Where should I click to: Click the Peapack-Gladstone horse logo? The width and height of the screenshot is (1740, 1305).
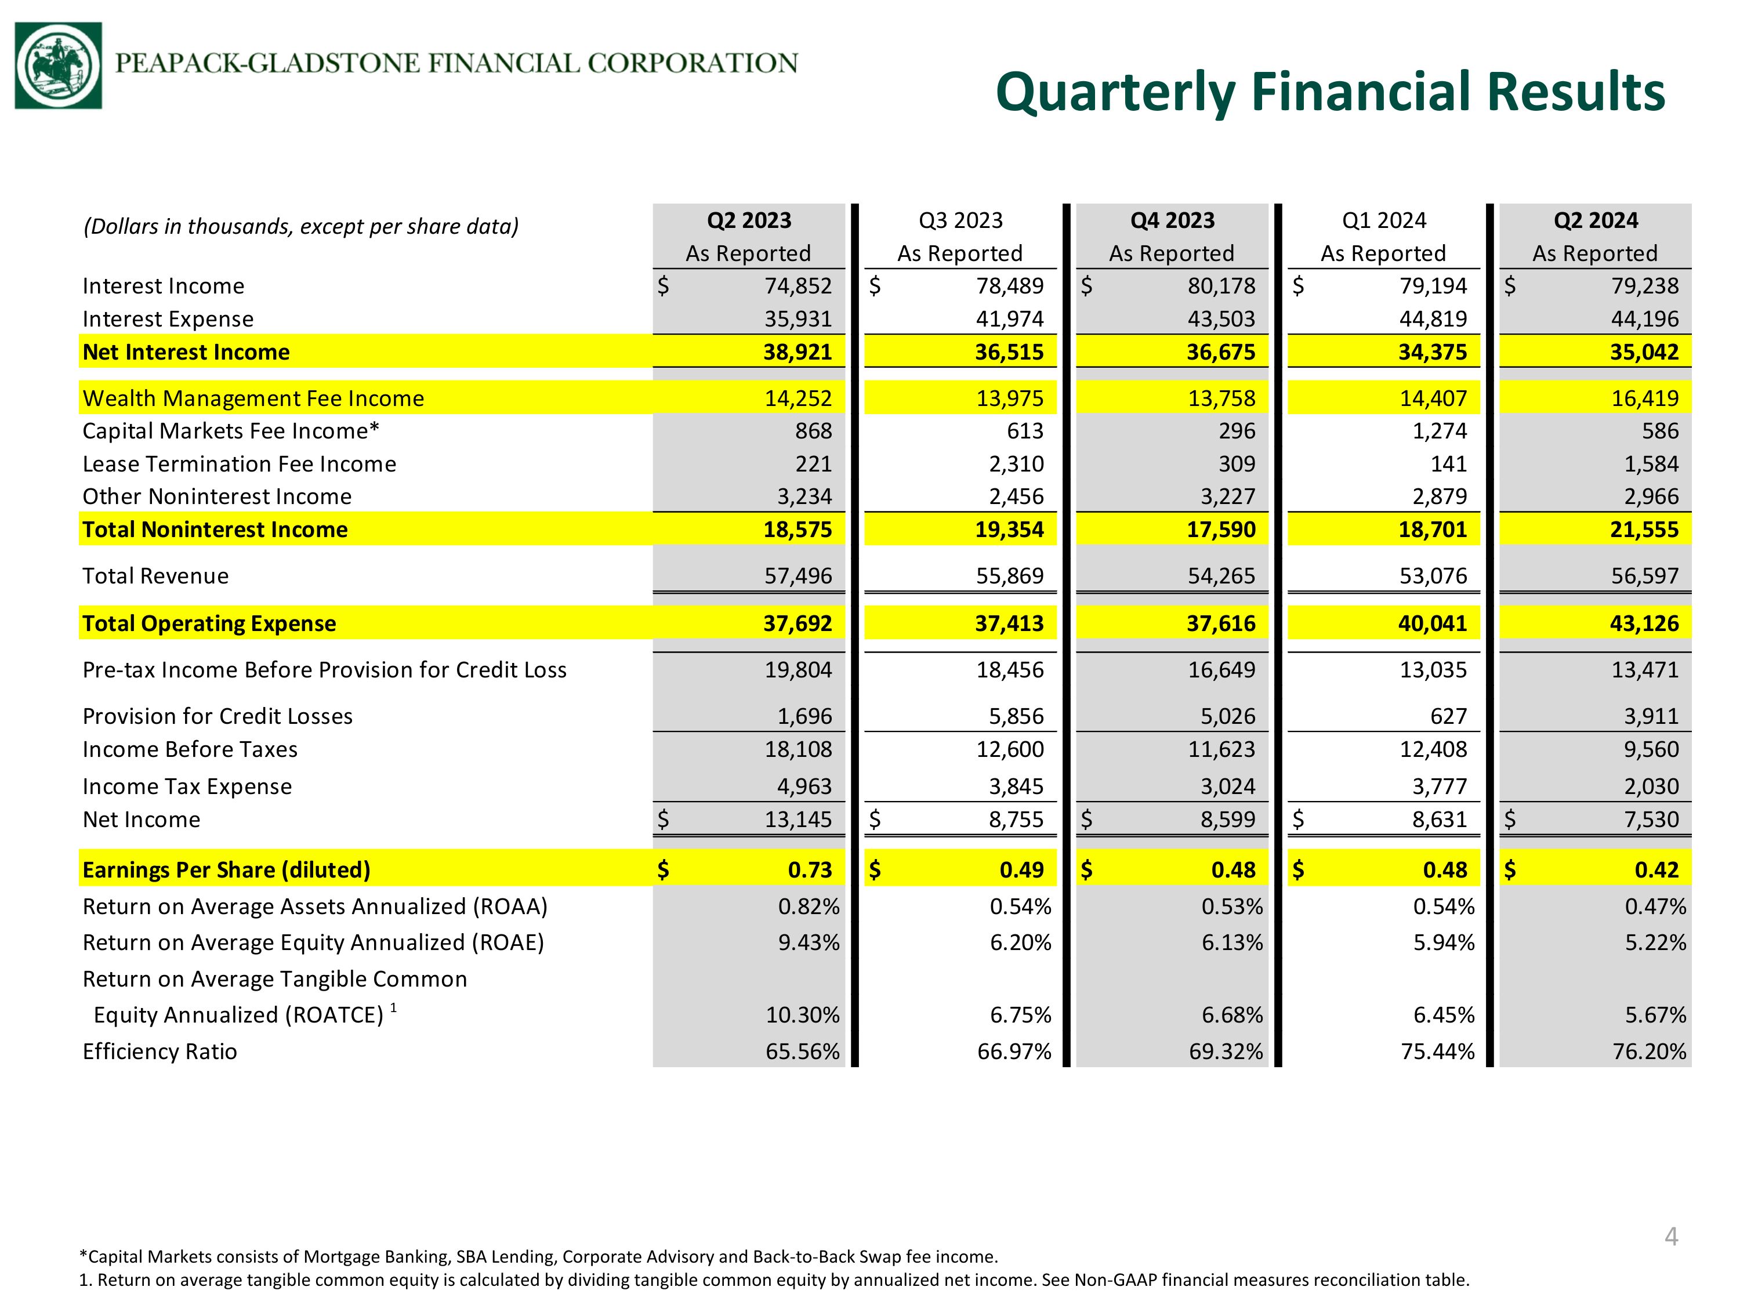tap(58, 66)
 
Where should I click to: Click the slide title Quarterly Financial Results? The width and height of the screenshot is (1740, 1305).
tap(1330, 93)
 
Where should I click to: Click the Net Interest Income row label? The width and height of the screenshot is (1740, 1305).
tap(186, 351)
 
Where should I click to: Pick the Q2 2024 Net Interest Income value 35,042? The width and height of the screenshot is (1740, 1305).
tap(1644, 351)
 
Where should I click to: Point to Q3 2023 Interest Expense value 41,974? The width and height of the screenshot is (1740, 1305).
tap(1010, 318)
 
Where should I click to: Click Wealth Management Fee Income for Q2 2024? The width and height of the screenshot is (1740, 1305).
tap(1645, 398)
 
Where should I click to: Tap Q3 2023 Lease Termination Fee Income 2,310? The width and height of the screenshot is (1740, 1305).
tap(1016, 464)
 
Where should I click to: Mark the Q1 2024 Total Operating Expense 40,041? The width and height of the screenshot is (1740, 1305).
tap(1433, 623)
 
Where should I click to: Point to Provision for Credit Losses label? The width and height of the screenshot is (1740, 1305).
tap(218, 716)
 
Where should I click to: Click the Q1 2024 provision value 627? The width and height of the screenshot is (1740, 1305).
tap(1449, 716)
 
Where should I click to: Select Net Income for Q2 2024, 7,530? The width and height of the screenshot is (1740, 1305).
tap(1652, 820)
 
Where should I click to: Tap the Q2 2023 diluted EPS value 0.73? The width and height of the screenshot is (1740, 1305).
tap(810, 869)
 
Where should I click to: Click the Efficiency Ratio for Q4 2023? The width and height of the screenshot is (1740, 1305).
tap(1226, 1052)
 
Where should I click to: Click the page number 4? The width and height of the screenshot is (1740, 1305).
tap(1672, 1237)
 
